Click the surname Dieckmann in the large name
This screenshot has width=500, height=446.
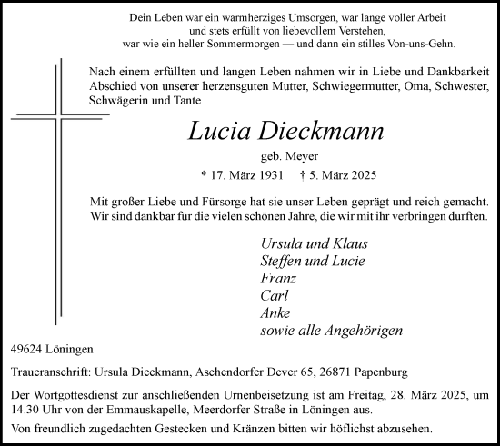[332, 132]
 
